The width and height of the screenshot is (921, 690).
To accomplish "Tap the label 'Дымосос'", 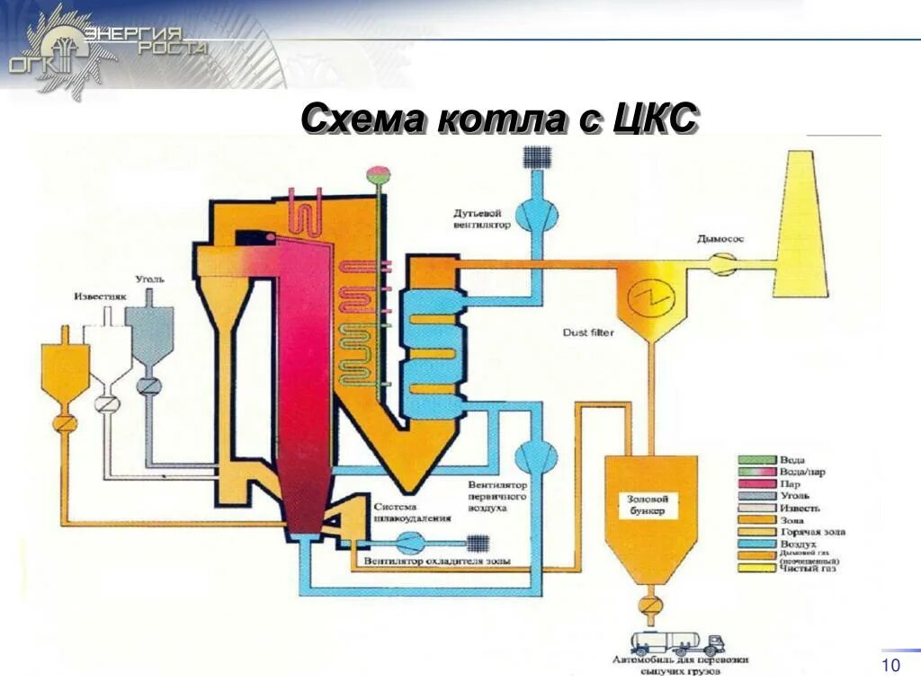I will pos(720,240).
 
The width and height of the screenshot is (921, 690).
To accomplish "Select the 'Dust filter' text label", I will pos(588,332).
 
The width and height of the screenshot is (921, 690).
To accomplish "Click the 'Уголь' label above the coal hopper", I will pos(150,279).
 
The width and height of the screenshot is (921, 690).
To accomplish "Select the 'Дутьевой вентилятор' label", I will pos(482,219).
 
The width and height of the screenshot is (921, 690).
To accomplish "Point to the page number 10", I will pos(891,665).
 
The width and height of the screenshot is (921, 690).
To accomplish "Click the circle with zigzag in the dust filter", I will pos(646,295).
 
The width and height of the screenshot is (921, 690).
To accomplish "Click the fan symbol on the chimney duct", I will pos(720,263).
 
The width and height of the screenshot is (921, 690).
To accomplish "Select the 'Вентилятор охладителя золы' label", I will pos(437,562).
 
